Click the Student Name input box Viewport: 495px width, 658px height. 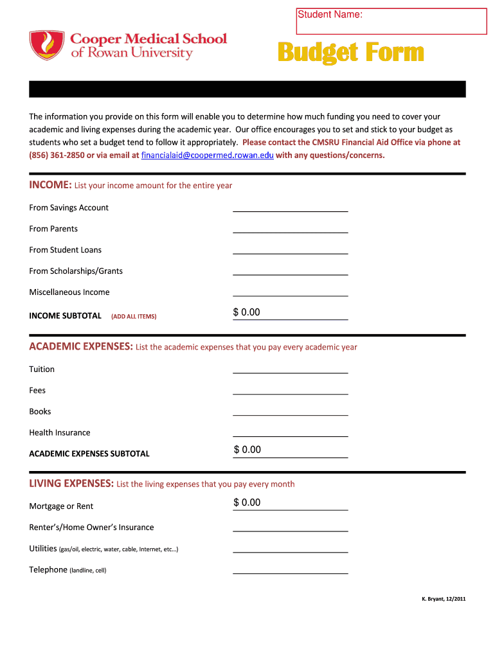391,21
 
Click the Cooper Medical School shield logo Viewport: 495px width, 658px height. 47,45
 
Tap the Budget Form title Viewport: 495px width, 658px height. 350,53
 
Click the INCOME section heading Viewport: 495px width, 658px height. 50,185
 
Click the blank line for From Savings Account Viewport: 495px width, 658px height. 290,207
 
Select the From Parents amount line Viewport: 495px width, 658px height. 290,228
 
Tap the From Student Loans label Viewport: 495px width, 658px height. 65,250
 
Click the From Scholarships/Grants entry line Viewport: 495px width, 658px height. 290,271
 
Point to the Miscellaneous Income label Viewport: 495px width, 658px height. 69,292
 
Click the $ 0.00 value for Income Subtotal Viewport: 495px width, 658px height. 247,312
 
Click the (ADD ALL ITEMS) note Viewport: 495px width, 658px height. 134,316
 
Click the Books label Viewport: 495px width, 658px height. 40,411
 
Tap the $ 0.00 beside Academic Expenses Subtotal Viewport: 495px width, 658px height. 248,450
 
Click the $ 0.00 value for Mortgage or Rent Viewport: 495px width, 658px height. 248,502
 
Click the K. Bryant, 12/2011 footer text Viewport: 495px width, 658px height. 444,599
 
